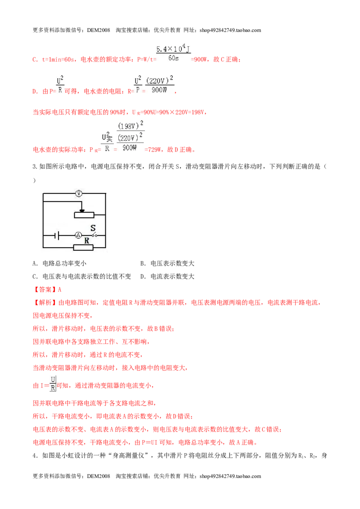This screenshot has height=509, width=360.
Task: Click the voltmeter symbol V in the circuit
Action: coord(79,193)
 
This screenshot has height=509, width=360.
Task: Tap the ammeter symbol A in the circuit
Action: coord(78,235)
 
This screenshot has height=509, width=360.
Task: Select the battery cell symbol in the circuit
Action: coord(57,235)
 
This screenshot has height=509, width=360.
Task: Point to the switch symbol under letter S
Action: coord(94,235)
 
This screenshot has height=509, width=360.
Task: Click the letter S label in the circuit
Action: coord(93,228)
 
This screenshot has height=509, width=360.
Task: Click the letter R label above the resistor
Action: coord(87,241)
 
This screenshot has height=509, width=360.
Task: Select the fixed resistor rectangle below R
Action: coord(84,248)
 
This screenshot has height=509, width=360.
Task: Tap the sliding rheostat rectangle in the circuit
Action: coord(84,214)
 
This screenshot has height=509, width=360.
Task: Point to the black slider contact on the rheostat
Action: coord(82,210)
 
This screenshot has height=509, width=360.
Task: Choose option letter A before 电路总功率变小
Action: coord(35,263)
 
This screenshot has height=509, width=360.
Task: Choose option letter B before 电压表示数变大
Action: coord(143,263)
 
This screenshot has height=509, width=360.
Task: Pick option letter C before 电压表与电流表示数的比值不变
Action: coord(35,277)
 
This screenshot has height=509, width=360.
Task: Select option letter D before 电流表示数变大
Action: coord(143,277)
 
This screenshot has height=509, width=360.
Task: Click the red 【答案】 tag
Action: coord(45,290)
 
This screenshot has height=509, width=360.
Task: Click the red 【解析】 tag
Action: coord(45,303)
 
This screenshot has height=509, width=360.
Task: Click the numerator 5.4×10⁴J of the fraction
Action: coord(173,49)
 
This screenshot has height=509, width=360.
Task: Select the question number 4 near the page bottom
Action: coord(34,455)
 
